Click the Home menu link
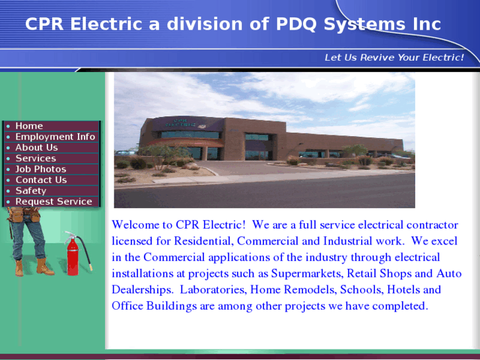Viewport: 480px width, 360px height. (x=29, y=126)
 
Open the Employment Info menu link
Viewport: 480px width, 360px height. (x=55, y=137)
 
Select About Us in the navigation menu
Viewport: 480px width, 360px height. (x=36, y=147)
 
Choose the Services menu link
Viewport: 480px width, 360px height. (x=36, y=159)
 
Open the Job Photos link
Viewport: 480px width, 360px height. (x=40, y=169)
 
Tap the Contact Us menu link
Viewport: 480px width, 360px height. (x=41, y=180)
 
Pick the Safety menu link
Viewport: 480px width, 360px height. (x=30, y=191)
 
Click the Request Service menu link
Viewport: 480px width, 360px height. (x=53, y=201)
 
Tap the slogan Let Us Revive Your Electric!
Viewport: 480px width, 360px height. (x=394, y=57)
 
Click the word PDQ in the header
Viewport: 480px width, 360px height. (x=291, y=24)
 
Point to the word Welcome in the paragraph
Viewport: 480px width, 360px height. (x=133, y=225)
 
